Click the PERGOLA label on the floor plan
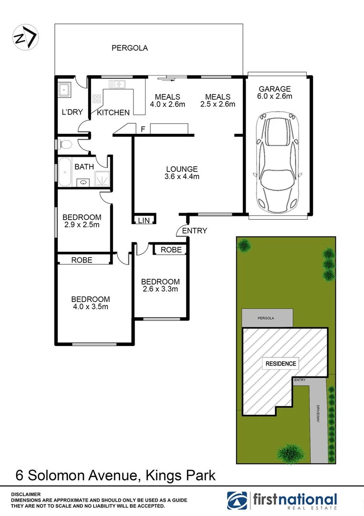pyautogui.click(x=130, y=48)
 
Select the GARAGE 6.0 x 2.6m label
pyautogui.click(x=275, y=92)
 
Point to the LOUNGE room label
pyautogui.click(x=182, y=172)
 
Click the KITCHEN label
pyautogui.click(x=113, y=113)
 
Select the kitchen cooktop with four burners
pyautogui.click(x=97, y=99)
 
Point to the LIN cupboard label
pyautogui.click(x=144, y=220)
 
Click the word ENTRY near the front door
pyautogui.click(x=195, y=231)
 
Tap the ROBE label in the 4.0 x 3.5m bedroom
pyautogui.click(x=82, y=260)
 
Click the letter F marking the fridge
pyautogui.click(x=143, y=129)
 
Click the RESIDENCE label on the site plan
pyautogui.click(x=281, y=364)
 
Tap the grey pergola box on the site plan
pyautogui.click(x=268, y=317)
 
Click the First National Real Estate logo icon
pyautogui.click(x=238, y=500)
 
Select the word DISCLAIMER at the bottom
pyautogui.click(x=26, y=494)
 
